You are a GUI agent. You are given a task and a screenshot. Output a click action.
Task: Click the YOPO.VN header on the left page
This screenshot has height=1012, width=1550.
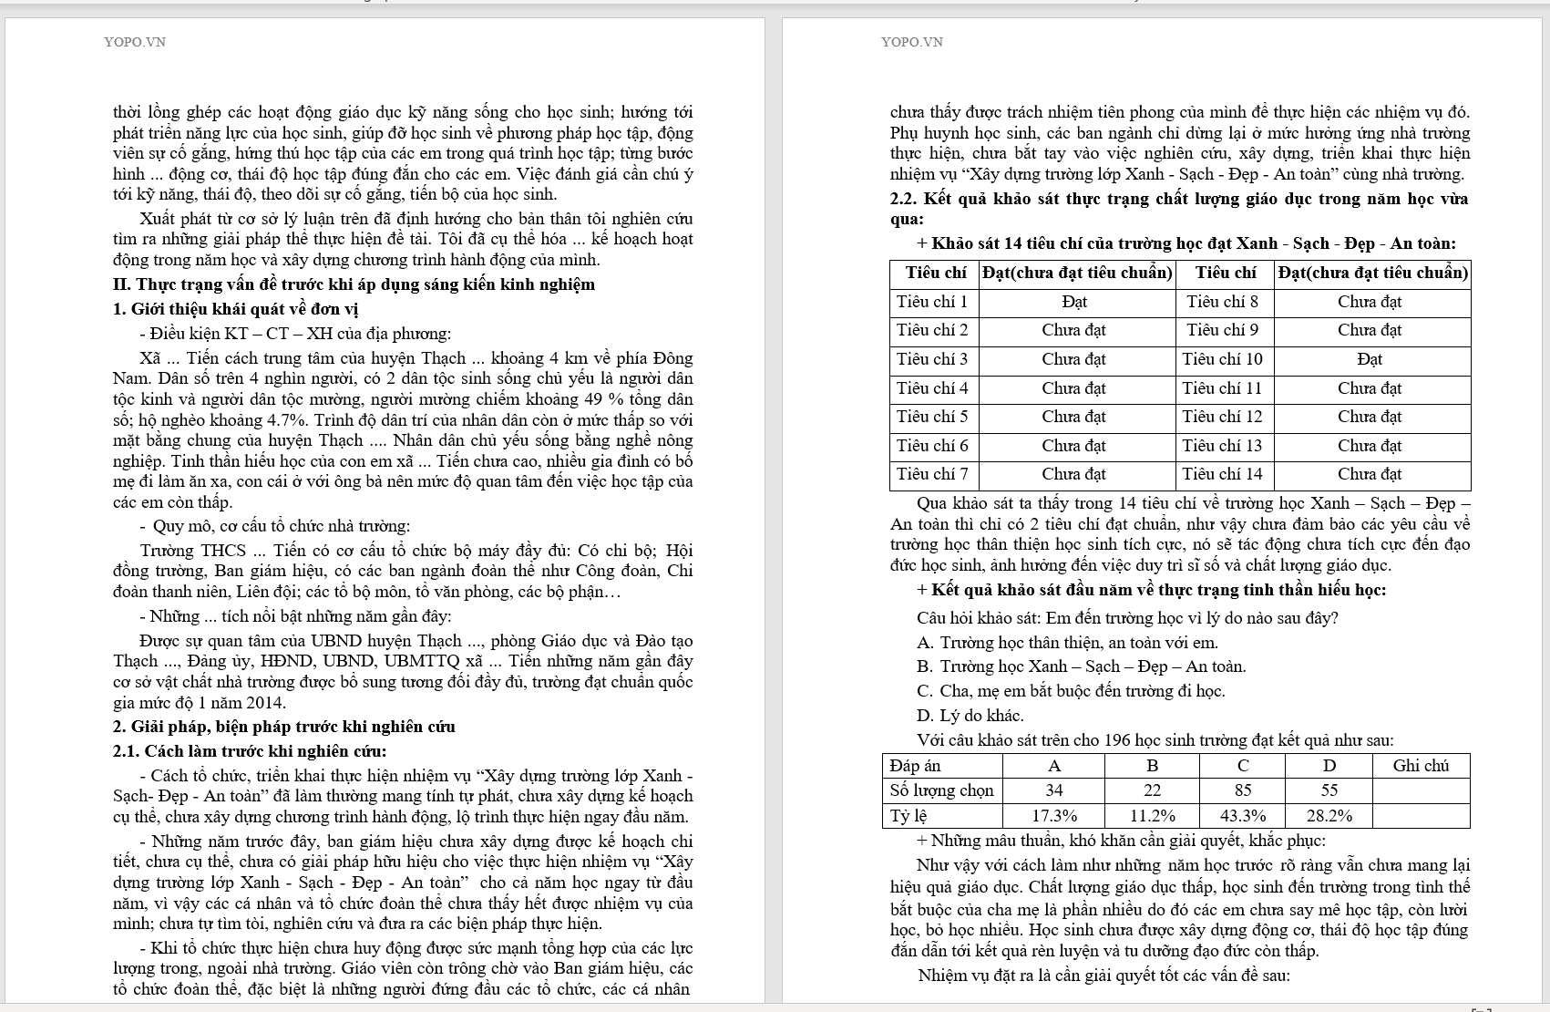click(x=135, y=42)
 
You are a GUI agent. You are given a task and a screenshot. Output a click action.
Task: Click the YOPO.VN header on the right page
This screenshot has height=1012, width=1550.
click(x=912, y=42)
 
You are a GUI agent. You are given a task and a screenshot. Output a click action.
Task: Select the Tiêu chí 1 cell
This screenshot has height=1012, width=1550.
click(x=932, y=302)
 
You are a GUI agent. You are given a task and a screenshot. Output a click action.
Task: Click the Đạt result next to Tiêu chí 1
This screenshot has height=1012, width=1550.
click(x=1074, y=302)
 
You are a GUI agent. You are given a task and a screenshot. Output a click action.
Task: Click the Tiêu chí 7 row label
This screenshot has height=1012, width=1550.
click(x=932, y=474)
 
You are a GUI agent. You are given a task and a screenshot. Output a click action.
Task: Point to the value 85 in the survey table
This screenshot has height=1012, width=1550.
click(x=1243, y=790)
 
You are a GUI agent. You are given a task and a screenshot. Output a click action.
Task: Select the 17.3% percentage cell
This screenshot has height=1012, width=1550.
click(x=1054, y=815)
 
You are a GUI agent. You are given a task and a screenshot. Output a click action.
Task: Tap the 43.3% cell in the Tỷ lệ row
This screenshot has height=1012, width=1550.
click(x=1243, y=815)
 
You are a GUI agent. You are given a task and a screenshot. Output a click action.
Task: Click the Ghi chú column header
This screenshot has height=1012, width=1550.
click(x=1421, y=766)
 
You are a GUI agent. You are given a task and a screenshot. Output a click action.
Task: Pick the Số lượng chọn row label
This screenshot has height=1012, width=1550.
click(x=942, y=790)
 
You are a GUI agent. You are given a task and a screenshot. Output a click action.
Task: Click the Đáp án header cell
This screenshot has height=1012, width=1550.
click(x=916, y=766)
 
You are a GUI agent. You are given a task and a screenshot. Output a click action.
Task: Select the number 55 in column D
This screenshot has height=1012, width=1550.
click(x=1329, y=790)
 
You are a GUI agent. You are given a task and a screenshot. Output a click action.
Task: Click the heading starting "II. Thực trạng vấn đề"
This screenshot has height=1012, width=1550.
click(x=354, y=284)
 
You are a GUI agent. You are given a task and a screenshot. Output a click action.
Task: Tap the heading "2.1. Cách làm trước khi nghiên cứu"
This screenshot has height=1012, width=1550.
click(x=250, y=752)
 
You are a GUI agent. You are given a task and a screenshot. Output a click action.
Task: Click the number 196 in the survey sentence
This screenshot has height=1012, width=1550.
click(x=1117, y=739)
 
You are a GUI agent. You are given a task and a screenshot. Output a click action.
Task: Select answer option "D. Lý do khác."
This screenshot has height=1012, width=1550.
click(x=970, y=716)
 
